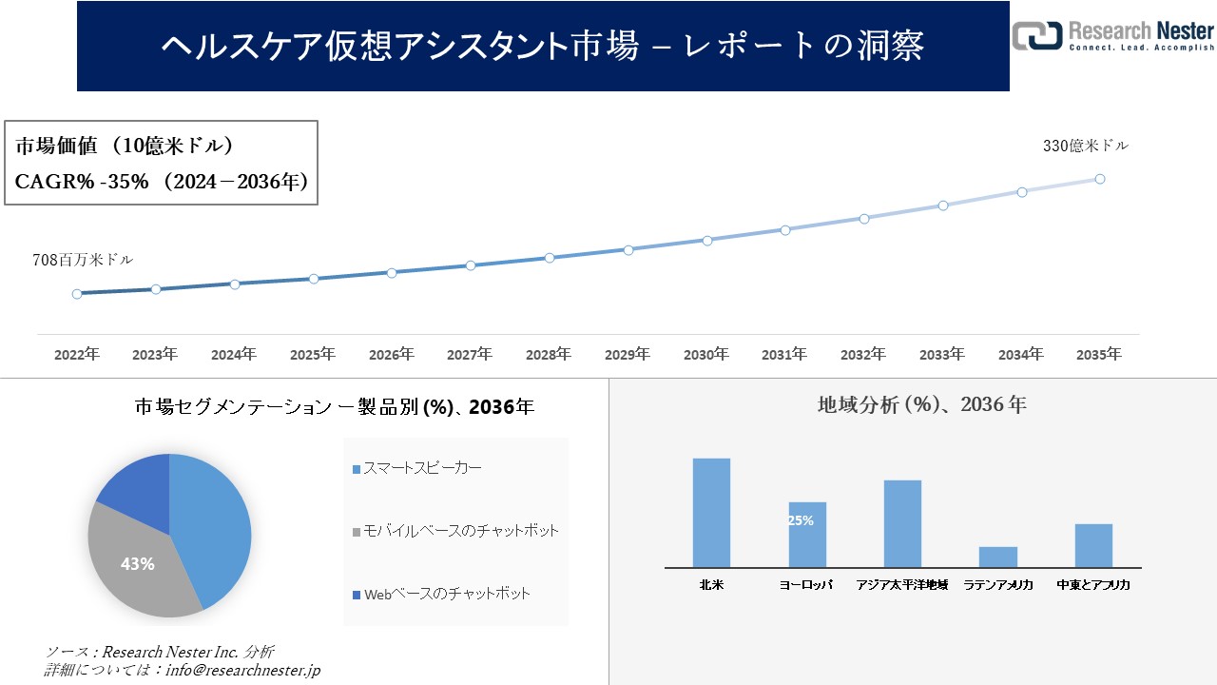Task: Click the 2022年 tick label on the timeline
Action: (x=77, y=355)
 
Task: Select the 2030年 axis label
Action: (x=706, y=355)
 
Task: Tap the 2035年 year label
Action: (x=1099, y=355)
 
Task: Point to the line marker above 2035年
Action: (x=1100, y=179)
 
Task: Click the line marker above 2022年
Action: (x=77, y=294)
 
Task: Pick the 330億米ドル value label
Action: (x=1086, y=146)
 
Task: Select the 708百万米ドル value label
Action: (x=83, y=259)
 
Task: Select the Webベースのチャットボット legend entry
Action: (x=441, y=594)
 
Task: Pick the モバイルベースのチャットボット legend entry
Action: (x=455, y=531)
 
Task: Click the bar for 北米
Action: (x=711, y=513)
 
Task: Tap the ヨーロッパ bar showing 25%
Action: (x=807, y=535)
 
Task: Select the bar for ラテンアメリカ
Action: (x=997, y=557)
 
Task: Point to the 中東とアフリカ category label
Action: (x=1093, y=585)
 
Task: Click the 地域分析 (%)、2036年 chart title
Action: (x=921, y=404)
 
